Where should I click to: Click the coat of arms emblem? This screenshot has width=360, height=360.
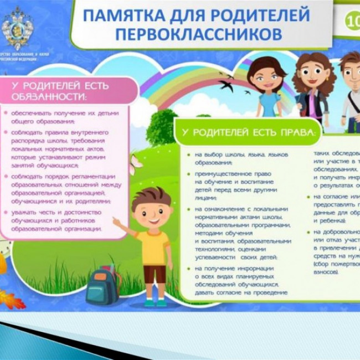pyautogui.click(x=17, y=27)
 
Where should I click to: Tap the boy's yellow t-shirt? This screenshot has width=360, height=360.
pyautogui.click(x=152, y=247)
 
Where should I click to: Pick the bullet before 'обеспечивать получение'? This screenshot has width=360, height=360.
pyautogui.click(x=6, y=113)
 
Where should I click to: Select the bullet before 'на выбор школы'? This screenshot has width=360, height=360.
pyautogui.click(x=188, y=155)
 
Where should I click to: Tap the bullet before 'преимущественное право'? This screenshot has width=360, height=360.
pyautogui.click(x=188, y=174)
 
